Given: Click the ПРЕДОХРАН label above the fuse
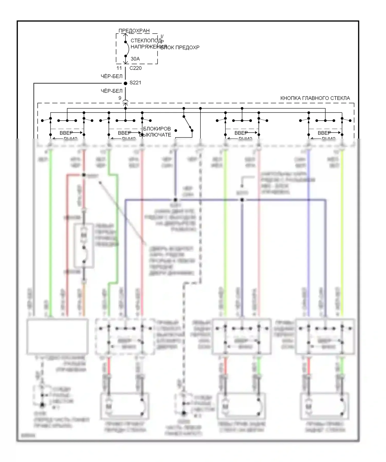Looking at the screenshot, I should pyautogui.click(x=134, y=31).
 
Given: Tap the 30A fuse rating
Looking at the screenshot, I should pyautogui.click(x=135, y=59).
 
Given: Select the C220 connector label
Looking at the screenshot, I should pyautogui.click(x=135, y=68).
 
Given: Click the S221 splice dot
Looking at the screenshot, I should pyautogui.click(x=126, y=83).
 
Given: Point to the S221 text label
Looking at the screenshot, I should pyautogui.click(x=135, y=83).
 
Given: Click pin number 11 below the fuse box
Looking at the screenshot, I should pyautogui.click(x=119, y=68).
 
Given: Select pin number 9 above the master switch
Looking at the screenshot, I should pyautogui.click(x=120, y=98).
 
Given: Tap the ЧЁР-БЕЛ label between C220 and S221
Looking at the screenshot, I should pyautogui.click(x=112, y=76).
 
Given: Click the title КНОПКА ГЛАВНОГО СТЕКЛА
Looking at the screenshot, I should pyautogui.click(x=315, y=98).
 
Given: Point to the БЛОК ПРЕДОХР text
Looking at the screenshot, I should pyautogui.click(x=180, y=48).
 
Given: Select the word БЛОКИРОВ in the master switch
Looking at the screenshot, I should pyautogui.click(x=157, y=129).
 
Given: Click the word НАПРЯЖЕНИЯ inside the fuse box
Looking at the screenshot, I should pyautogui.click(x=149, y=47).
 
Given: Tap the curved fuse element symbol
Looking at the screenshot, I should pyautogui.click(x=127, y=49).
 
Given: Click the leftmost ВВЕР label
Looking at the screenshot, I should pyautogui.click(x=66, y=133).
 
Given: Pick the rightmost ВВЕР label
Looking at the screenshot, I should pyautogui.click(x=324, y=133).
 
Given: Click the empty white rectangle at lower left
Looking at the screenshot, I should pyautogui.click(x=58, y=336).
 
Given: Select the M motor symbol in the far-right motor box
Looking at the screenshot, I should pyautogui.click(x=308, y=406).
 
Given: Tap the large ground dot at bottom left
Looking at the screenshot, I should pyautogui.click(x=42, y=405).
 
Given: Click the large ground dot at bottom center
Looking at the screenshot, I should pyautogui.click(x=184, y=413).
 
